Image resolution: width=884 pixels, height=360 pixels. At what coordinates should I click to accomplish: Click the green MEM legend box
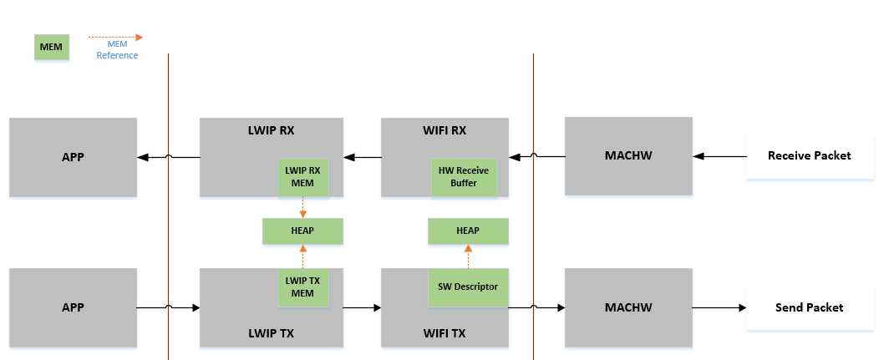(51, 47)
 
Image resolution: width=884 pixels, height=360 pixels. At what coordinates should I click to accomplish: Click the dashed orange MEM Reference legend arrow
(116, 38)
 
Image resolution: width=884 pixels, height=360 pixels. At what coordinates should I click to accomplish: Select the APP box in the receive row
(73, 156)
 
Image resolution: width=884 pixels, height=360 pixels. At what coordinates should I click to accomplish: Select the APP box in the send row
(73, 307)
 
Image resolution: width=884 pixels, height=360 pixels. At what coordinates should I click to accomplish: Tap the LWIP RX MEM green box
(302, 176)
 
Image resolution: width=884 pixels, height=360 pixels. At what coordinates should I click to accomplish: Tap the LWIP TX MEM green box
(302, 286)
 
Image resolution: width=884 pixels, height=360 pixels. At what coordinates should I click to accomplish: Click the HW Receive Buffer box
(464, 176)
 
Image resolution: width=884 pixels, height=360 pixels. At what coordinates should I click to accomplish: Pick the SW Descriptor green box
(468, 286)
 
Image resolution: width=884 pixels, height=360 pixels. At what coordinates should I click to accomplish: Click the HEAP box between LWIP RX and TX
(302, 231)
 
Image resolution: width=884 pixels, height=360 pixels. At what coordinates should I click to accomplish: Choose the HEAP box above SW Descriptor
(468, 231)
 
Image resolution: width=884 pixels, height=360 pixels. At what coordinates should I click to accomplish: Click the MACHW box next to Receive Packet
(628, 156)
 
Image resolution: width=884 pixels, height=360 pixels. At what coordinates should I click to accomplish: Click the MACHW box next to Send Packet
(628, 307)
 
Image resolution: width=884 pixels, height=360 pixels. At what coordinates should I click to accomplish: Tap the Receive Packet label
(809, 155)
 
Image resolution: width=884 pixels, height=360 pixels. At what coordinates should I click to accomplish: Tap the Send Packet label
(809, 307)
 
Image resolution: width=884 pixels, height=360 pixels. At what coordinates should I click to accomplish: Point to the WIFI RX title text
(445, 130)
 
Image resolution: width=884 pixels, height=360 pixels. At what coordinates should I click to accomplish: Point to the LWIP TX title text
(272, 333)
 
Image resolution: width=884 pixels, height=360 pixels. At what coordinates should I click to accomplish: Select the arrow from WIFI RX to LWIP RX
(362, 156)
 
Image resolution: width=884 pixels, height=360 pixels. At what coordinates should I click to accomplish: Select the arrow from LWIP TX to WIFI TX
(362, 308)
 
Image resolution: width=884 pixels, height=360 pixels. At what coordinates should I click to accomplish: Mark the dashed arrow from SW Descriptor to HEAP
(468, 256)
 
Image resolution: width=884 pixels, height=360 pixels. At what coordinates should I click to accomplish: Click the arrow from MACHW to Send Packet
(719, 308)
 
